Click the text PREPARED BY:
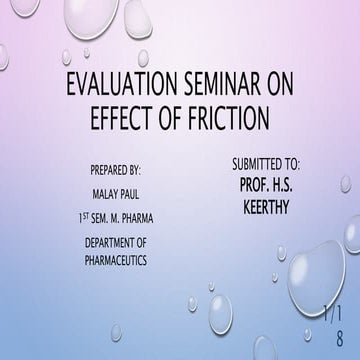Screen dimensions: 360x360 pyautogui.click(x=115, y=169)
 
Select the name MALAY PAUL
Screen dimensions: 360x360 pyautogui.click(x=115, y=194)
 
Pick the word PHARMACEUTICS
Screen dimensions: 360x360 pyautogui.click(x=115, y=258)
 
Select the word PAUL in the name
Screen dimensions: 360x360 pyautogui.click(x=131, y=194)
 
